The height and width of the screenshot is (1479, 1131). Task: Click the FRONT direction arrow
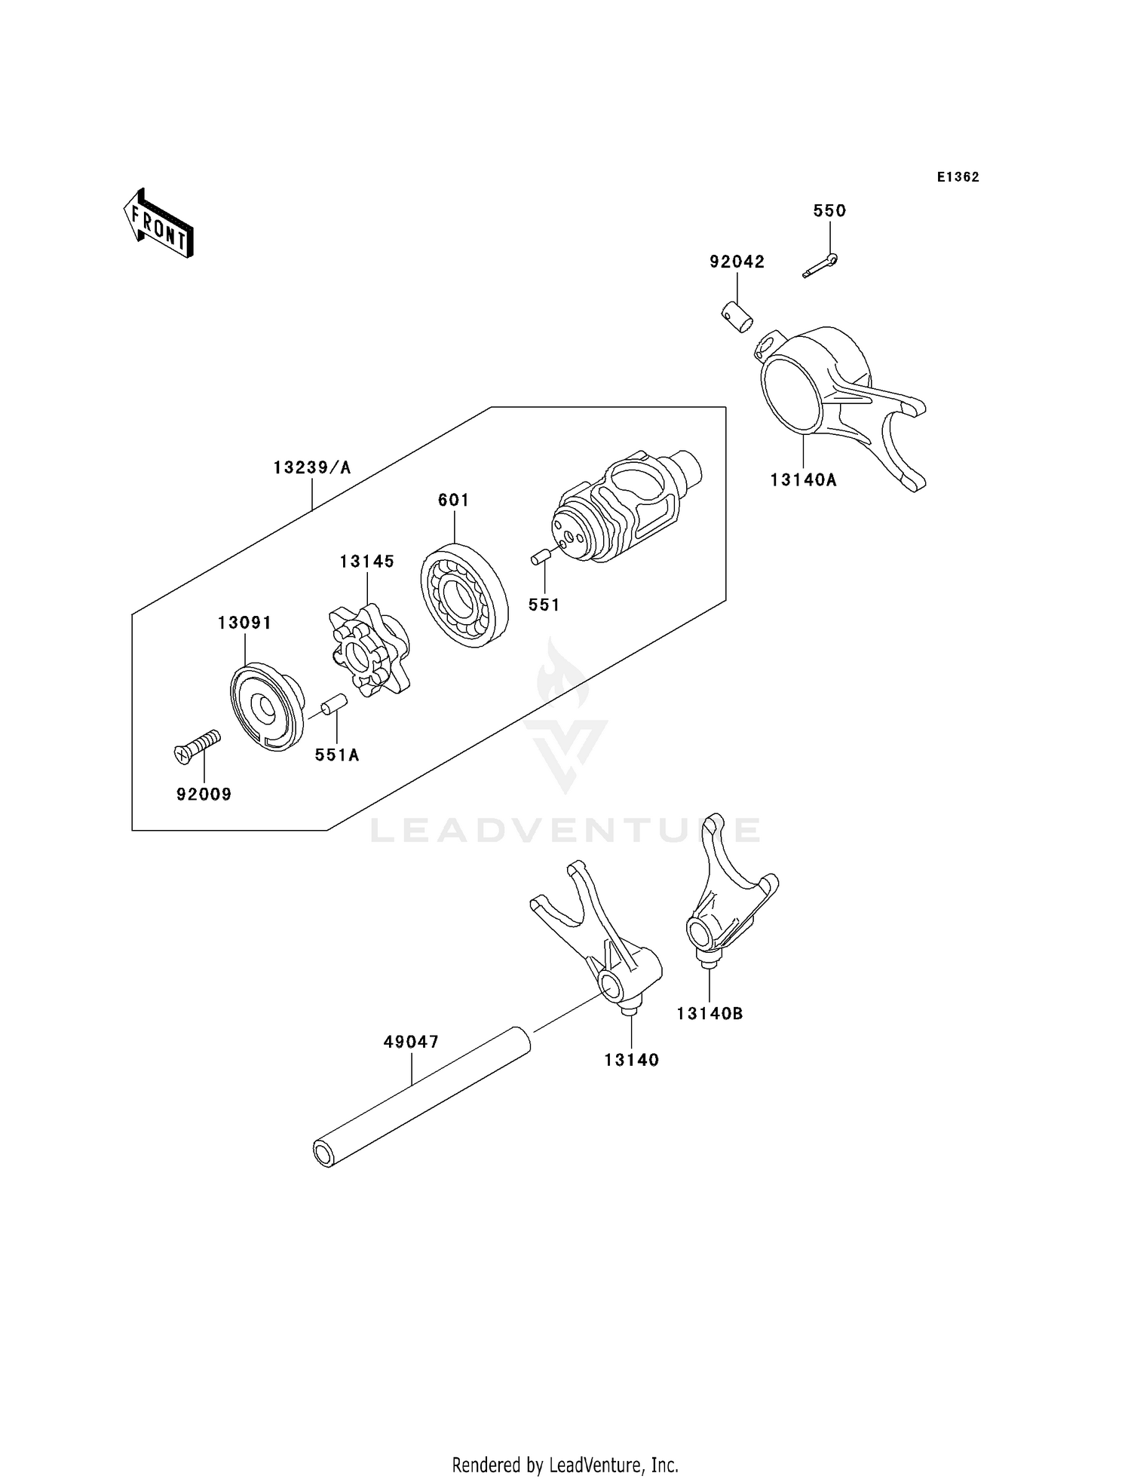(158, 225)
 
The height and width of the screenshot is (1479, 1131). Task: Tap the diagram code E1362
(958, 177)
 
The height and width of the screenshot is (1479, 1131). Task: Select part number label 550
(829, 211)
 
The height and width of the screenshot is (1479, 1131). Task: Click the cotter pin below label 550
(820, 266)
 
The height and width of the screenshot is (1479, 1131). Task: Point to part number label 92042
(737, 262)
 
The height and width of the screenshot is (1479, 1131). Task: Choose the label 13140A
(803, 479)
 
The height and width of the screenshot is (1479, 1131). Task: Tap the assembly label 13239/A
(312, 468)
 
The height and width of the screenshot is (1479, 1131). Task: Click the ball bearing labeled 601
(464, 596)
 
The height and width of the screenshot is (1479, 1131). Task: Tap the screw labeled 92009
(196, 746)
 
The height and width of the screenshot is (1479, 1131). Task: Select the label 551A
(337, 755)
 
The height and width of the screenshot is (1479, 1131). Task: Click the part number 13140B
(709, 1014)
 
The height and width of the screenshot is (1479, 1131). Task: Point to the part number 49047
(411, 1042)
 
